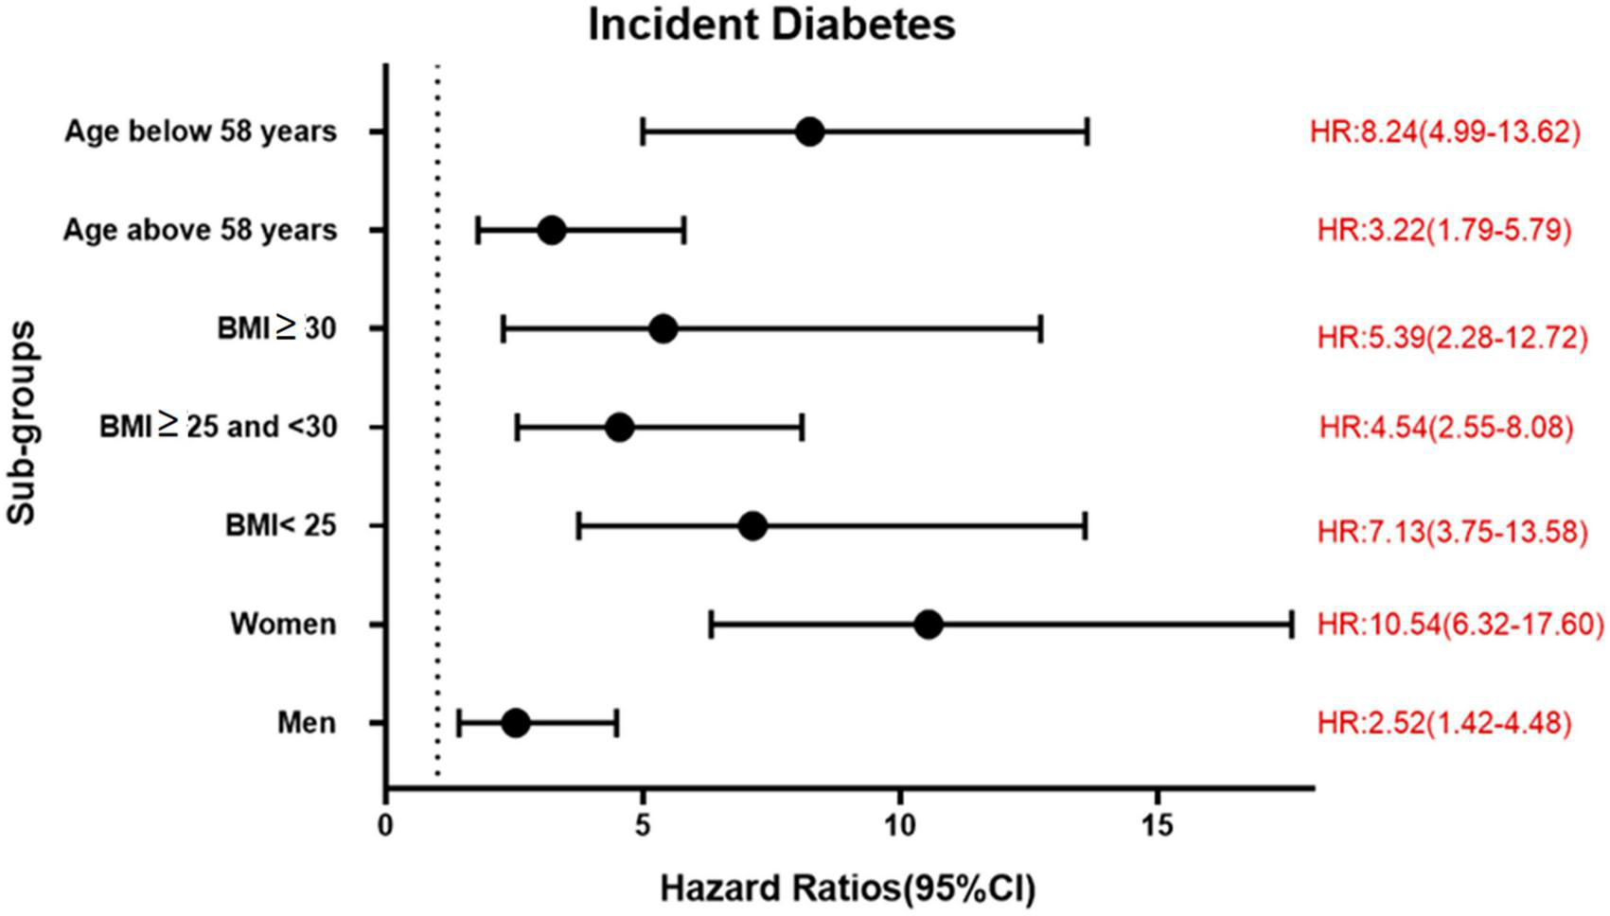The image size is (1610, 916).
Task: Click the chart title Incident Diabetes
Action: pyautogui.click(x=771, y=25)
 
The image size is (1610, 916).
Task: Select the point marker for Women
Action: pyautogui.click(x=929, y=625)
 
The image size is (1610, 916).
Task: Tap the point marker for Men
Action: pyautogui.click(x=516, y=724)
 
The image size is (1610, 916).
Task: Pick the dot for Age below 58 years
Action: pyautogui.click(x=809, y=132)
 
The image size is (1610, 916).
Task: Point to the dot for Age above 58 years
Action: pyautogui.click(x=551, y=230)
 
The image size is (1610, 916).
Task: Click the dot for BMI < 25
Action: pyautogui.click(x=752, y=526)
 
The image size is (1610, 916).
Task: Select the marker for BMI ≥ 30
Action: pyautogui.click(x=663, y=329)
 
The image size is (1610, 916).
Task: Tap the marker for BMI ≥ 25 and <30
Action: pyautogui.click(x=619, y=428)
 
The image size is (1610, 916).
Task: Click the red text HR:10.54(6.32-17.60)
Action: pyautogui.click(x=1460, y=625)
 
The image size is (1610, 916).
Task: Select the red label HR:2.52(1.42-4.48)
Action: pyautogui.click(x=1444, y=724)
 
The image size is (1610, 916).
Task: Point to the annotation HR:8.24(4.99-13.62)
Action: pyautogui.click(x=1444, y=132)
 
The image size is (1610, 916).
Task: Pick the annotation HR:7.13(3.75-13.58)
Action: pyautogui.click(x=1452, y=532)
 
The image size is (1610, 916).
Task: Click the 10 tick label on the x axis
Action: pyautogui.click(x=899, y=826)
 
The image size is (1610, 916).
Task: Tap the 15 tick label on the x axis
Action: pyautogui.click(x=1157, y=826)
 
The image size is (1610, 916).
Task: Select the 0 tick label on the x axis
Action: pyautogui.click(x=385, y=826)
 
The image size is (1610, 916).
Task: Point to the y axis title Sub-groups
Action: pyautogui.click(x=21, y=422)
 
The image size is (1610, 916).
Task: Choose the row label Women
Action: pyautogui.click(x=283, y=625)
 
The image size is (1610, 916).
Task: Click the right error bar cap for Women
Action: pyautogui.click(x=1291, y=625)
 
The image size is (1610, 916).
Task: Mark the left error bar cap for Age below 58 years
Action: pyautogui.click(x=643, y=132)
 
